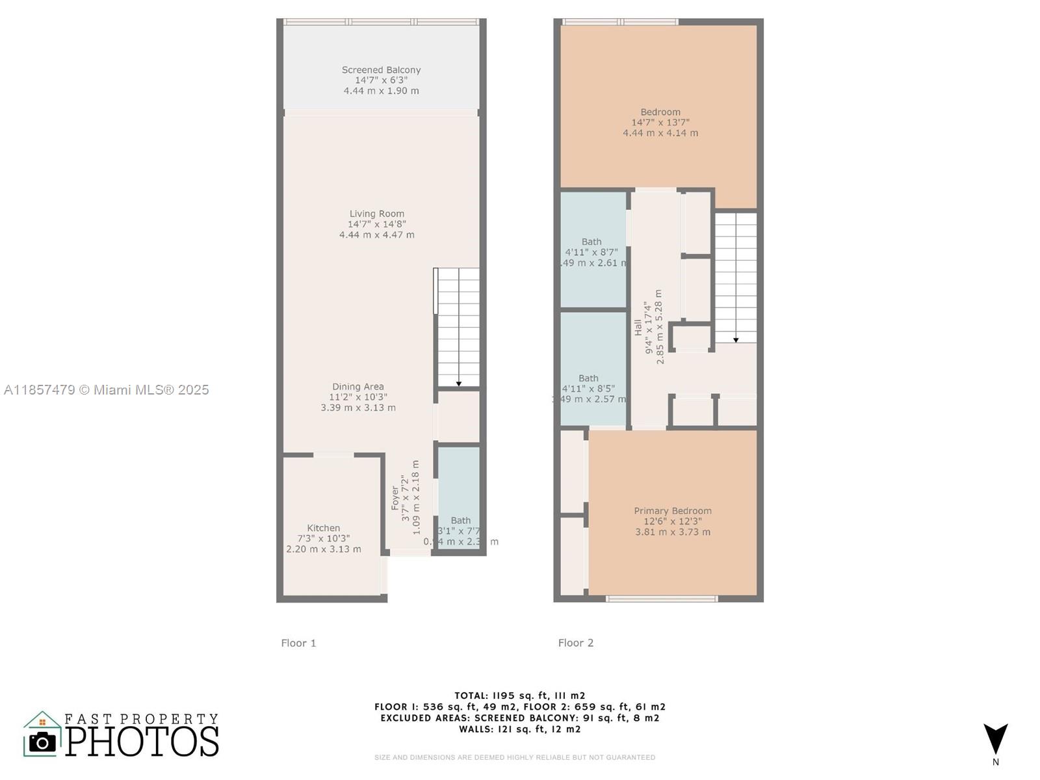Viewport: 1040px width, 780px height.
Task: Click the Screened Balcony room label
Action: [x=381, y=70]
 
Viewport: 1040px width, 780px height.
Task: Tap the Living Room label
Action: [x=377, y=214]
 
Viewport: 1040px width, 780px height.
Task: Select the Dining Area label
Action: [x=358, y=387]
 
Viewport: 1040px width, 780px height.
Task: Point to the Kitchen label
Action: [x=324, y=528]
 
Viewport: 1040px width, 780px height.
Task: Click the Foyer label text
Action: [x=395, y=498]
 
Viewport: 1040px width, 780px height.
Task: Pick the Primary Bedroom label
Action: [x=673, y=511]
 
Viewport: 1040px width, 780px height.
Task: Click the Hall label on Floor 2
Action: [x=638, y=326]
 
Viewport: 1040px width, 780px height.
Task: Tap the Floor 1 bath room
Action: [x=459, y=497]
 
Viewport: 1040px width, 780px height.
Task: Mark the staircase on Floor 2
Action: [x=736, y=277]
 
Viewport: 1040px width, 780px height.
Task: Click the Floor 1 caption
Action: [x=298, y=643]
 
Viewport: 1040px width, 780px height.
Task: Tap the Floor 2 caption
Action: [x=576, y=643]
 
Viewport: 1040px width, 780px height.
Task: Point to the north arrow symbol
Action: [x=995, y=740]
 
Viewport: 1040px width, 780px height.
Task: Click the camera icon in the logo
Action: [x=43, y=742]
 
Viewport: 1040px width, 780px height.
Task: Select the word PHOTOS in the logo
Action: [x=142, y=742]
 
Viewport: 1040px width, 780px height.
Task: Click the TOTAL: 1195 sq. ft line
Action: [x=520, y=695]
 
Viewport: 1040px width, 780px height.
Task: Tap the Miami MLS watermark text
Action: [x=107, y=390]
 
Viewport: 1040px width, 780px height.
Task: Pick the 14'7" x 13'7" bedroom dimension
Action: [x=660, y=122]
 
